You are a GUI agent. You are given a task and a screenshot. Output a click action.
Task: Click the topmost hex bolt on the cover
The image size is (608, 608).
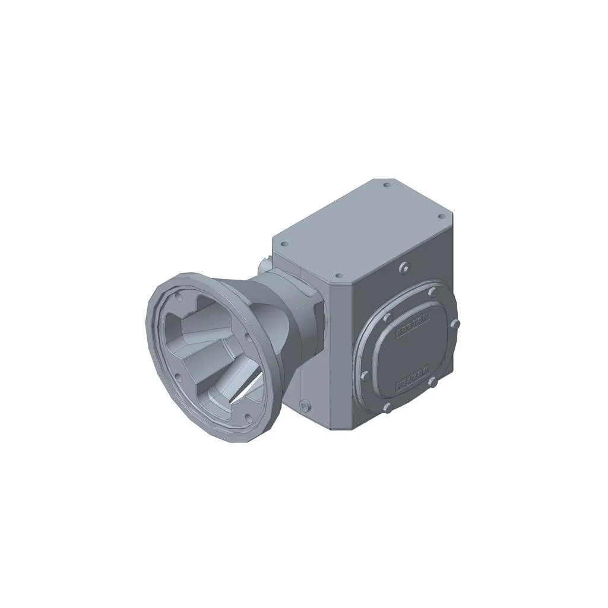pos(432,292)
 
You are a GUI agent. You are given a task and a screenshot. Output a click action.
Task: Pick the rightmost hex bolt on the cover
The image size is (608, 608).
pos(455,324)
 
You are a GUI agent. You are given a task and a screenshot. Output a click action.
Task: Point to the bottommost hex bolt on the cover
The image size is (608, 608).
pos(387,407)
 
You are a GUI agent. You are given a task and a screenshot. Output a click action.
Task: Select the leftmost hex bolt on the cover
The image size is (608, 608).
pos(363,375)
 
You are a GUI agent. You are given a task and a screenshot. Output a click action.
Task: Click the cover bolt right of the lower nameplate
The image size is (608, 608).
pos(433,382)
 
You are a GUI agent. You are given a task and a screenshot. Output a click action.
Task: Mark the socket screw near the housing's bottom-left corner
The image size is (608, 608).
pos(305,406)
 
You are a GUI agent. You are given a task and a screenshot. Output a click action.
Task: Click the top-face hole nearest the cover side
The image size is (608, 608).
pos(339,276)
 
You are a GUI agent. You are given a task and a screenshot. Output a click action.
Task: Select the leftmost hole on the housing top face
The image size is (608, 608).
pos(284,243)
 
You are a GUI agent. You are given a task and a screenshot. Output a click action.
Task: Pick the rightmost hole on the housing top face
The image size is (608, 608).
pos(441,217)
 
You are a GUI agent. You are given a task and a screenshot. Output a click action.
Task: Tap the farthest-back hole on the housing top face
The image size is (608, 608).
pos(387,185)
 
